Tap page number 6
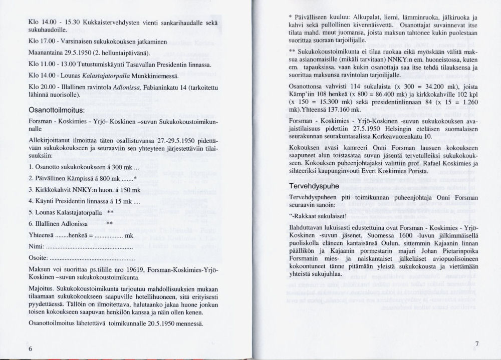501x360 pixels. [31, 348]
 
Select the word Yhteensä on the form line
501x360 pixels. [42, 236]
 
